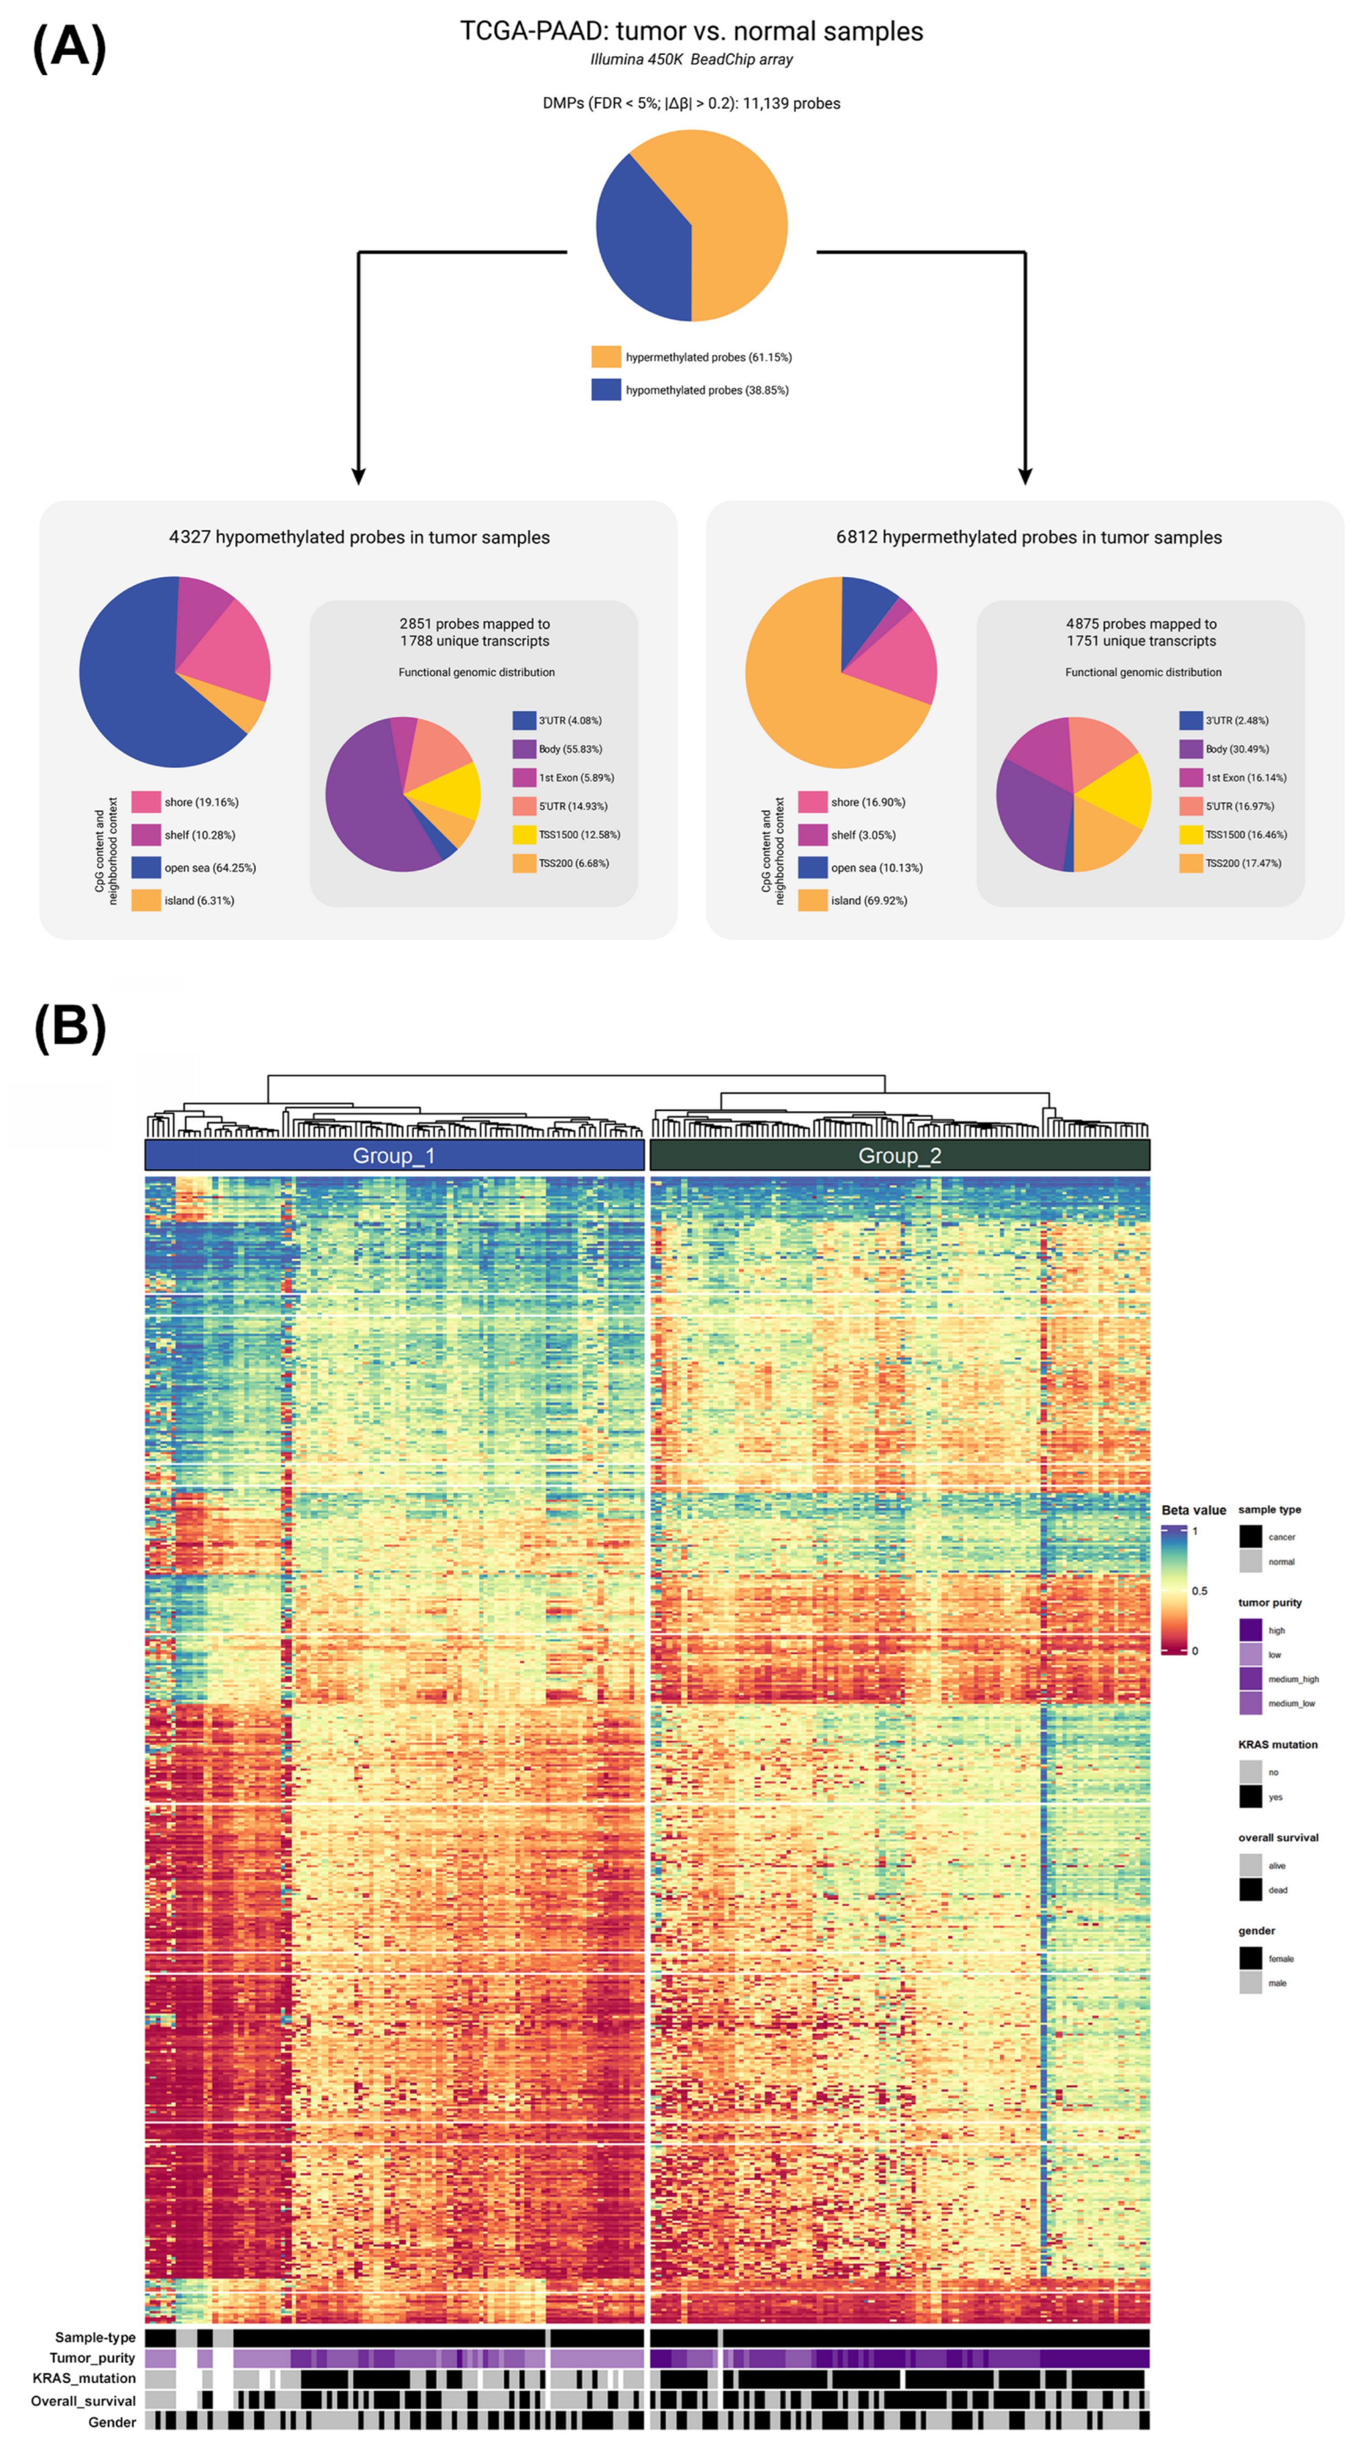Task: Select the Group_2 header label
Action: [x=899, y=1155]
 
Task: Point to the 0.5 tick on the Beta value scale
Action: [x=1199, y=1591]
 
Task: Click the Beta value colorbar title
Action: [x=1193, y=1510]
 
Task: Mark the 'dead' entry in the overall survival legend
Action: [x=1277, y=1890]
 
